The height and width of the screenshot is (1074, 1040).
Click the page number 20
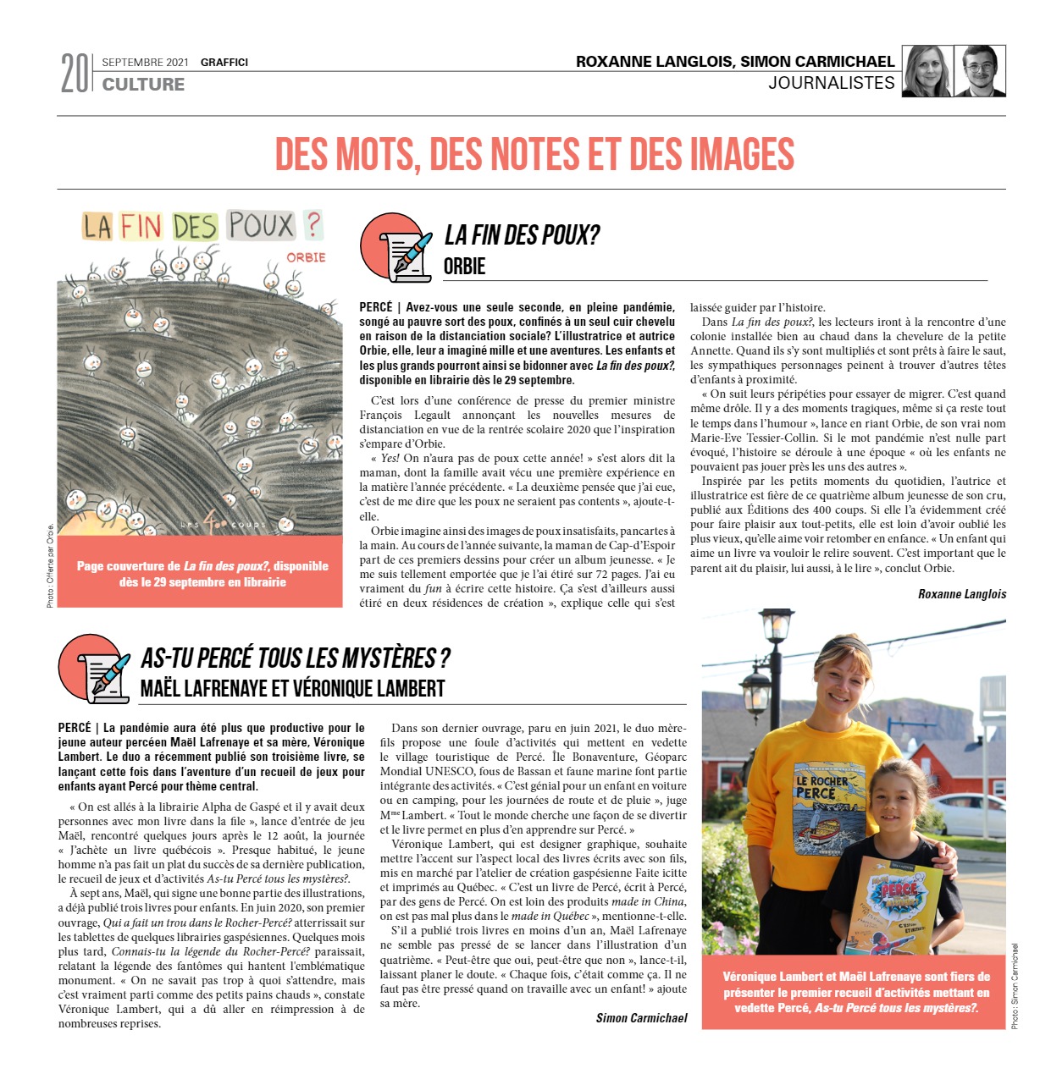point(74,74)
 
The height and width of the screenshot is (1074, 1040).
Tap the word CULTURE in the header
point(143,84)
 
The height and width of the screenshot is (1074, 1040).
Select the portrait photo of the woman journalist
point(927,71)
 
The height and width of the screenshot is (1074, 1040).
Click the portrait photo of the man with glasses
point(980,71)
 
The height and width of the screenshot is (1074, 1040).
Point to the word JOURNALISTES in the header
point(832,83)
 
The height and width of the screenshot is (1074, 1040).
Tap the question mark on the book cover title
point(313,224)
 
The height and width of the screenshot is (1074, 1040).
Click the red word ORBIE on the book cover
point(306,257)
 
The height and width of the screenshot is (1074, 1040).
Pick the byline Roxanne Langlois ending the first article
point(962,594)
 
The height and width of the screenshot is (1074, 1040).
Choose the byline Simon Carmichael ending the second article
point(641,1018)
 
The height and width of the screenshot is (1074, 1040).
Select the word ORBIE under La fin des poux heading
point(464,267)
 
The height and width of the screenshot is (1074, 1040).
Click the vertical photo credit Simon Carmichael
point(1015,987)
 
